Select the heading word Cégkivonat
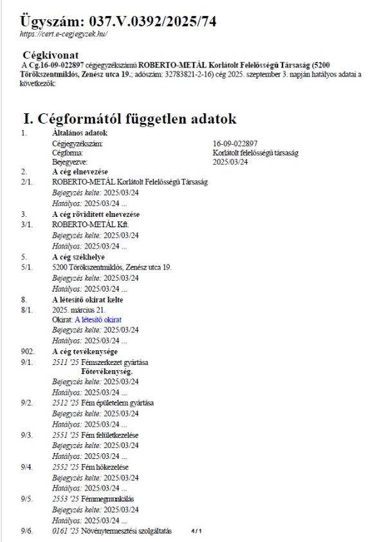click(50, 55)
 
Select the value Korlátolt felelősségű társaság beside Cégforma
click(255, 153)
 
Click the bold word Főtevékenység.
click(107, 371)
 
